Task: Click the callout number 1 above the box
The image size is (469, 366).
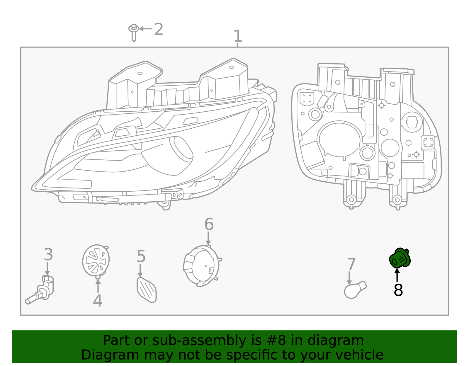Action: [237, 36]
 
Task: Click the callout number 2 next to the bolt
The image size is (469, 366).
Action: [158, 29]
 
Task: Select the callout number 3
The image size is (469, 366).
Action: [48, 254]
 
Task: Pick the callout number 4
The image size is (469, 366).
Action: [97, 301]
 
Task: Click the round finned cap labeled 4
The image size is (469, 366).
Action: [96, 260]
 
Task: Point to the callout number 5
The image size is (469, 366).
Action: [141, 256]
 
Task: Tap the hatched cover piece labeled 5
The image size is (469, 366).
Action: [147, 290]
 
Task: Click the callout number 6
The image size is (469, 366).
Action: [209, 224]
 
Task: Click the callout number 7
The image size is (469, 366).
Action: [351, 264]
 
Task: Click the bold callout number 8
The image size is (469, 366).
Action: [398, 290]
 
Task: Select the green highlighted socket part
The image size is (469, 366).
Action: [400, 258]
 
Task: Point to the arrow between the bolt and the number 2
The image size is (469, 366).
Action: [145, 29]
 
